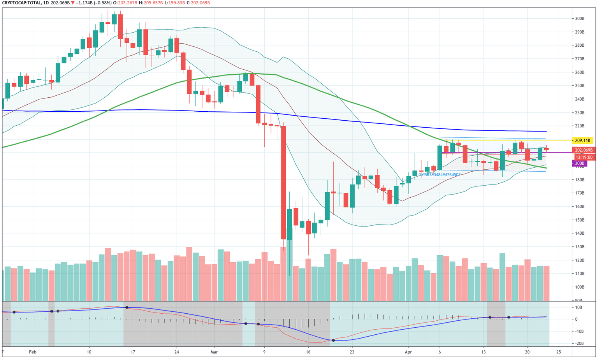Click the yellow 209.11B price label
(582, 140)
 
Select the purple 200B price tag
(579, 163)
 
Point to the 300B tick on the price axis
(579, 18)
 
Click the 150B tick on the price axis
(579, 220)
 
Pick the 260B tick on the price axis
(579, 72)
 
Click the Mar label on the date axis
(214, 352)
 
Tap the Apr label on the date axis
(408, 352)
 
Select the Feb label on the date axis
(33, 352)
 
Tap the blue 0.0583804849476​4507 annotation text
(439, 175)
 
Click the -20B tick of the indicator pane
(579, 343)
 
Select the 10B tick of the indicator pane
(579, 307)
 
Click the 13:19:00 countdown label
(584, 157)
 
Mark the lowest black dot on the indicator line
(333, 340)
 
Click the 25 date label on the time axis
(559, 352)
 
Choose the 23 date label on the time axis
(352, 352)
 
